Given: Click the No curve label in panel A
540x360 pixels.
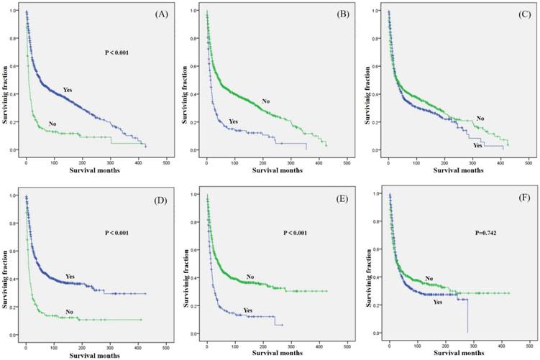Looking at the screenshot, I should [52, 124].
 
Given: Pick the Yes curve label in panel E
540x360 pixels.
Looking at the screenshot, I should [248, 310].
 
